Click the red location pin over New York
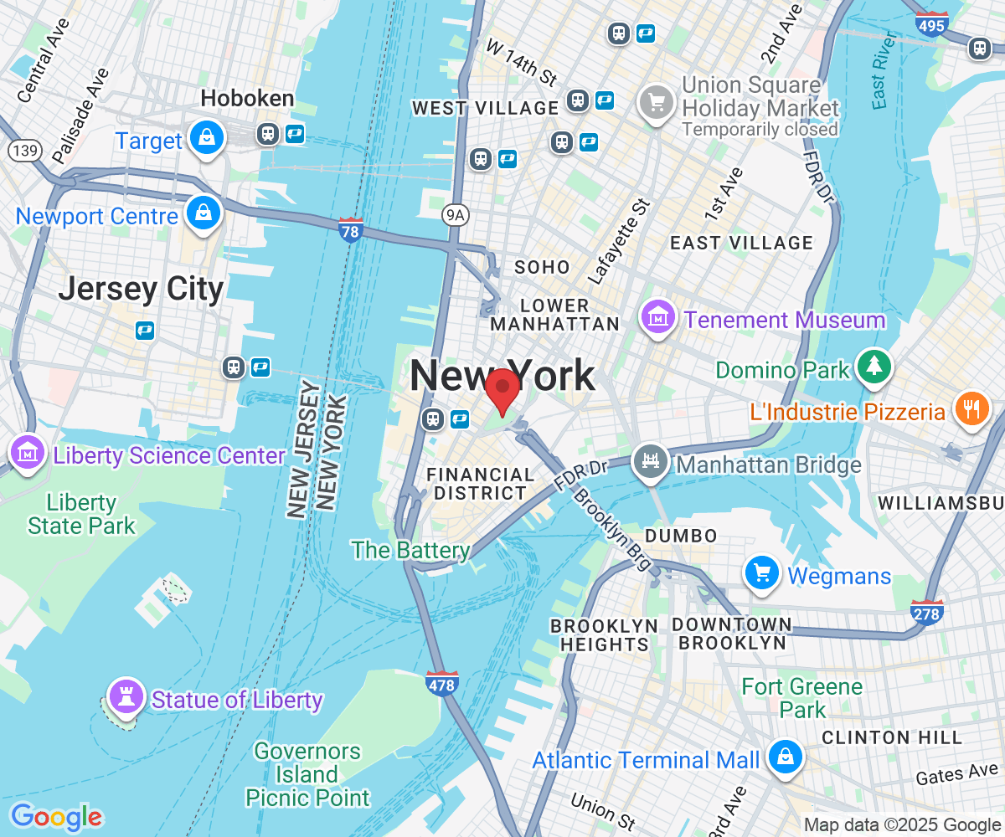tap(502, 388)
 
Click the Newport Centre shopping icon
tap(204, 213)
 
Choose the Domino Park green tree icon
tap(874, 367)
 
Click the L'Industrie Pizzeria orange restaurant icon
tap(971, 409)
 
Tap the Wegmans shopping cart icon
tap(762, 573)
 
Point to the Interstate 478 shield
tap(441, 683)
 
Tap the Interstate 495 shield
tap(931, 23)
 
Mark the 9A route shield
tap(454, 215)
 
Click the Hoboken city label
tap(247, 99)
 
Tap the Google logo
tap(56, 816)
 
